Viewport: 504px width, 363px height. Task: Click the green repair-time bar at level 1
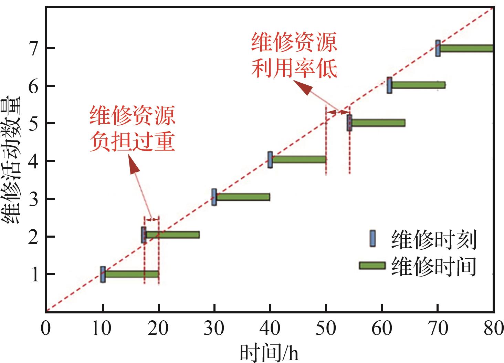(132, 274)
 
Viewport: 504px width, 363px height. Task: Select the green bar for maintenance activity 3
(243, 197)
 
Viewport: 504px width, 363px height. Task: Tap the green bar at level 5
(378, 123)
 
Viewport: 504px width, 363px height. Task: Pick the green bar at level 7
(466, 48)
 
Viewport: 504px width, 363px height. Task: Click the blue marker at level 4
(270, 160)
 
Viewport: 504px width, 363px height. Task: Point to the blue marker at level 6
(389, 85)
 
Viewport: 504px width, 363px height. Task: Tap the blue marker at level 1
(103, 274)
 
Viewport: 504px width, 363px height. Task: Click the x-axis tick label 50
(326, 329)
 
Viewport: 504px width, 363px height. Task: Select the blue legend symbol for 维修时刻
(372, 238)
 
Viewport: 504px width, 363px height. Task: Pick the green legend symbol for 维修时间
(372, 265)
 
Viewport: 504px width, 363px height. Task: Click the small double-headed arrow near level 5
(337, 112)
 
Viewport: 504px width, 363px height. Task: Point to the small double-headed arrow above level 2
(151, 219)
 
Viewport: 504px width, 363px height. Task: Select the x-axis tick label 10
(102, 329)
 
